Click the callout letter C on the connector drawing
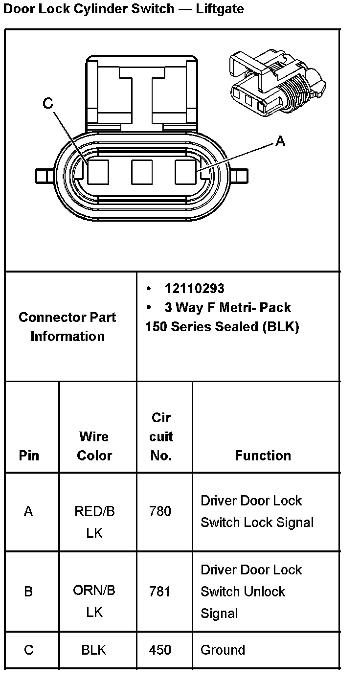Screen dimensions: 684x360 coord(48,103)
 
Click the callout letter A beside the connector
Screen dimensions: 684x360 coord(280,141)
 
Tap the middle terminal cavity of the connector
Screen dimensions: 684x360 coord(142,172)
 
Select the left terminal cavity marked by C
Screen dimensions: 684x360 coord(98,172)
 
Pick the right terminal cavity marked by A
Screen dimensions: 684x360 coord(185,172)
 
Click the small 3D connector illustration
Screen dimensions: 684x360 coord(276,81)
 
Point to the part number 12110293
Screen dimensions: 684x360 coord(194,289)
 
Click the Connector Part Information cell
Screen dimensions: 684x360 coord(68,326)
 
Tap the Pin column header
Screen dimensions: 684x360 coord(29,456)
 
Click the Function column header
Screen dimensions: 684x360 coord(263,456)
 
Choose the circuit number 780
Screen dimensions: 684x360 coord(160,511)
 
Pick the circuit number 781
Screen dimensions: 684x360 coord(160,592)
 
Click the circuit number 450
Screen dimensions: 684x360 coord(160,650)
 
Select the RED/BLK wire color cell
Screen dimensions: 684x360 coord(94,522)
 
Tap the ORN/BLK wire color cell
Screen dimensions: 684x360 coord(94,601)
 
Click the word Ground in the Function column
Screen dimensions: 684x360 coord(223,650)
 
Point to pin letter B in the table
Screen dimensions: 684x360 coord(29,592)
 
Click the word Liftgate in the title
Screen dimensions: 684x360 coord(220,9)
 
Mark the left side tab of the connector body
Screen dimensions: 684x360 coord(44,175)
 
